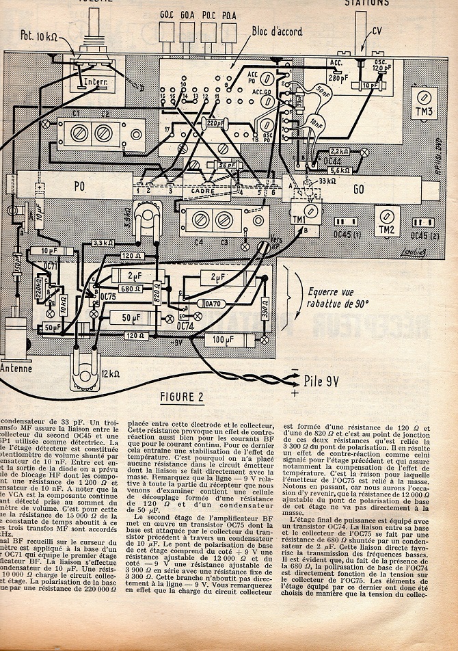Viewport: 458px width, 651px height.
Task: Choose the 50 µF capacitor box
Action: [127, 319]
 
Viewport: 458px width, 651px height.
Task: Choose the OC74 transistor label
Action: [186, 326]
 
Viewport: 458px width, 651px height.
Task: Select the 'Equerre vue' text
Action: [329, 278]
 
